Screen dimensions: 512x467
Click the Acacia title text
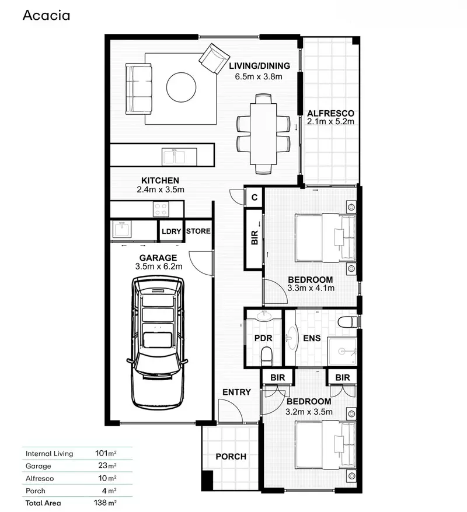pyautogui.click(x=46, y=16)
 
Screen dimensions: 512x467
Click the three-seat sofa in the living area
pyautogui.click(x=139, y=89)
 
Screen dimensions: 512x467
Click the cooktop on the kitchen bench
pyautogui.click(x=161, y=208)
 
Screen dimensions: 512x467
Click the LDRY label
pyautogui.click(x=172, y=232)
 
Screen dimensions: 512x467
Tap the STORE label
pyautogui.click(x=198, y=232)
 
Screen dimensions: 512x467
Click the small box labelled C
pyautogui.click(x=254, y=197)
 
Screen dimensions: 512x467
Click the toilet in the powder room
pyautogui.click(x=266, y=354)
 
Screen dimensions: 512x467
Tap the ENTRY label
pyautogui.click(x=236, y=392)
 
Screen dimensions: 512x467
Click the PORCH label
pyautogui.click(x=231, y=457)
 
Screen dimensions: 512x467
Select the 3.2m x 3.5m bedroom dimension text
pyautogui.click(x=309, y=412)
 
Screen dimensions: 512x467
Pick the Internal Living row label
pyautogui.click(x=49, y=453)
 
